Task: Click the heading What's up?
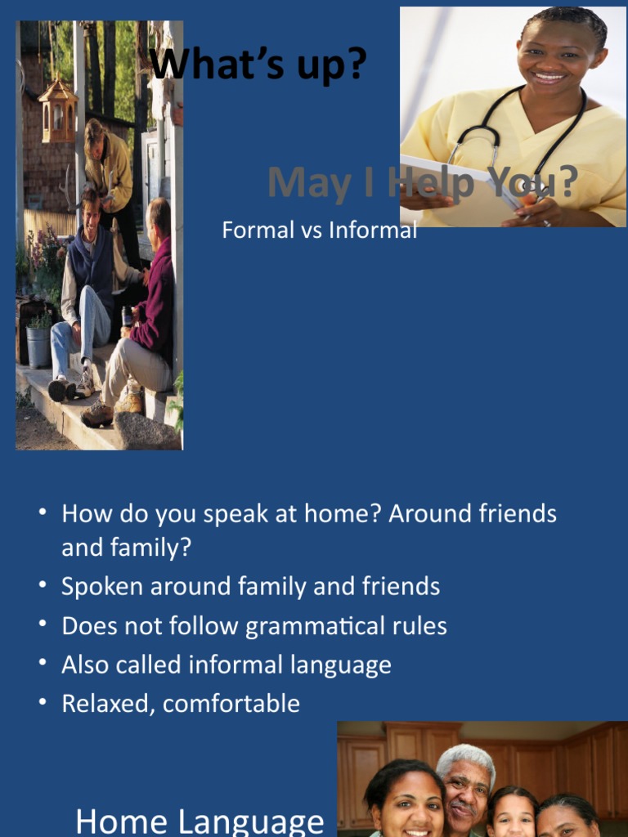[258, 65]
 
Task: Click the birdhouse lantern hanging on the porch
[58, 110]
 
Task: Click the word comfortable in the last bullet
[231, 704]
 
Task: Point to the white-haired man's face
[464, 788]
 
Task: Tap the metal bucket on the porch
[38, 346]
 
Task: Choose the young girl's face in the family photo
[511, 813]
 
